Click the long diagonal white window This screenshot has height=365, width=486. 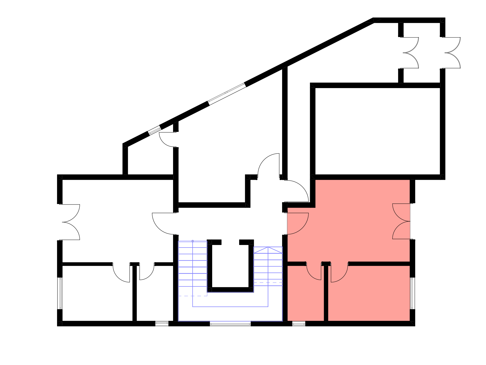pyautogui.click(x=227, y=94)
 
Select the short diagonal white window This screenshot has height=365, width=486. pyautogui.click(x=154, y=130)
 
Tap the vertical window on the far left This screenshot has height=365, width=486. pyautogui.click(x=60, y=293)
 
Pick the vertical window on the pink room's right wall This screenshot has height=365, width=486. pyautogui.click(x=412, y=293)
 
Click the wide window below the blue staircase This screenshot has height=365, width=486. pyautogui.click(x=230, y=324)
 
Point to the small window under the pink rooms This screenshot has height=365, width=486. pyautogui.click(x=299, y=324)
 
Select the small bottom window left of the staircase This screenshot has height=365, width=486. pyautogui.click(x=162, y=324)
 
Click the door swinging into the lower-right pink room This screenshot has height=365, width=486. pyautogui.click(x=339, y=274)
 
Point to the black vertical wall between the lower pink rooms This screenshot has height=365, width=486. pyautogui.click(x=326, y=294)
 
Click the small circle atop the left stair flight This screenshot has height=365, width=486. pyautogui.click(x=193, y=241)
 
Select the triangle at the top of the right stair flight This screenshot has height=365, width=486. pyautogui.click(x=268, y=250)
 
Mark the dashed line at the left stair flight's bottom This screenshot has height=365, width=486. pyautogui.click(x=193, y=296)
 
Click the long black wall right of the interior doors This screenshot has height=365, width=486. pyautogui.click(x=379, y=264)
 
